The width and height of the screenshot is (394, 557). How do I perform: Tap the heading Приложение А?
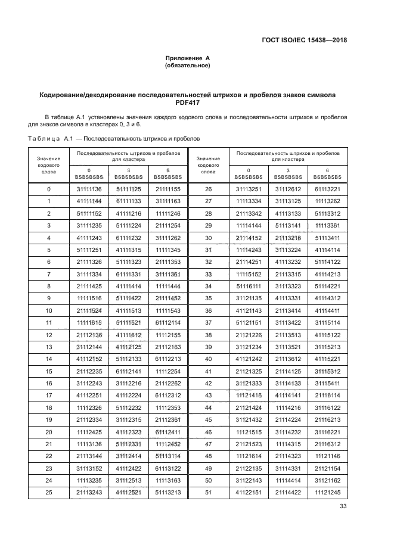[x=188, y=58]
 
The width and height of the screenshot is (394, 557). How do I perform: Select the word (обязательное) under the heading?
[x=188, y=66]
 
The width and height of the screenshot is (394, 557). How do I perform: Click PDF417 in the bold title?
[x=187, y=102]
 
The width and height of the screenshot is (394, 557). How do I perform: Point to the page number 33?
[x=343, y=506]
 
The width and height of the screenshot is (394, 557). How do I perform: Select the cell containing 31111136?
[x=89, y=189]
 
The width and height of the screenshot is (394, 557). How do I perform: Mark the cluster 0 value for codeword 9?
[x=89, y=298]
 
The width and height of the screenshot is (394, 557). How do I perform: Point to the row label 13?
[x=49, y=346]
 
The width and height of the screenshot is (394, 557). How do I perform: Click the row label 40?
[x=208, y=359]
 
